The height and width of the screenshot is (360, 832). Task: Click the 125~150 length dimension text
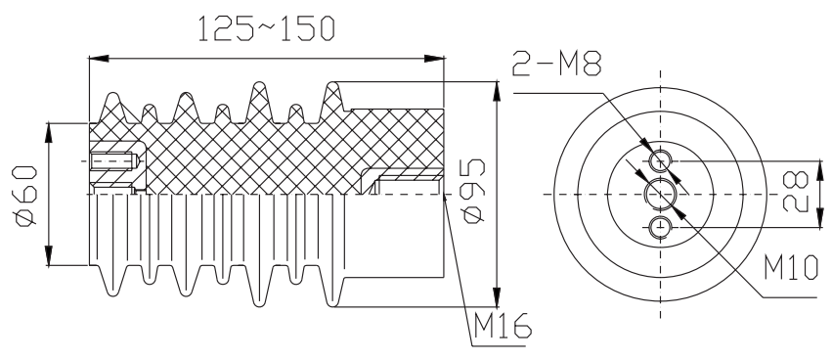[x=266, y=28]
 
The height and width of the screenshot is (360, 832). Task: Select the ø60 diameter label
[x=25, y=196]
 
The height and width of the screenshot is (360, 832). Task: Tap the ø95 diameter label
[x=473, y=191]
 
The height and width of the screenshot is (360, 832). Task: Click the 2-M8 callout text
[x=557, y=64]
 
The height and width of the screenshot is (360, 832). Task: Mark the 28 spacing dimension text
[x=796, y=192]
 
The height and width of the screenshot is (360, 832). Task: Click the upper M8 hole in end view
[x=661, y=159]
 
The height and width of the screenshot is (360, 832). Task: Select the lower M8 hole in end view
[x=661, y=227]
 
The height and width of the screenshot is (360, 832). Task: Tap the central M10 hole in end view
[x=661, y=195]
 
